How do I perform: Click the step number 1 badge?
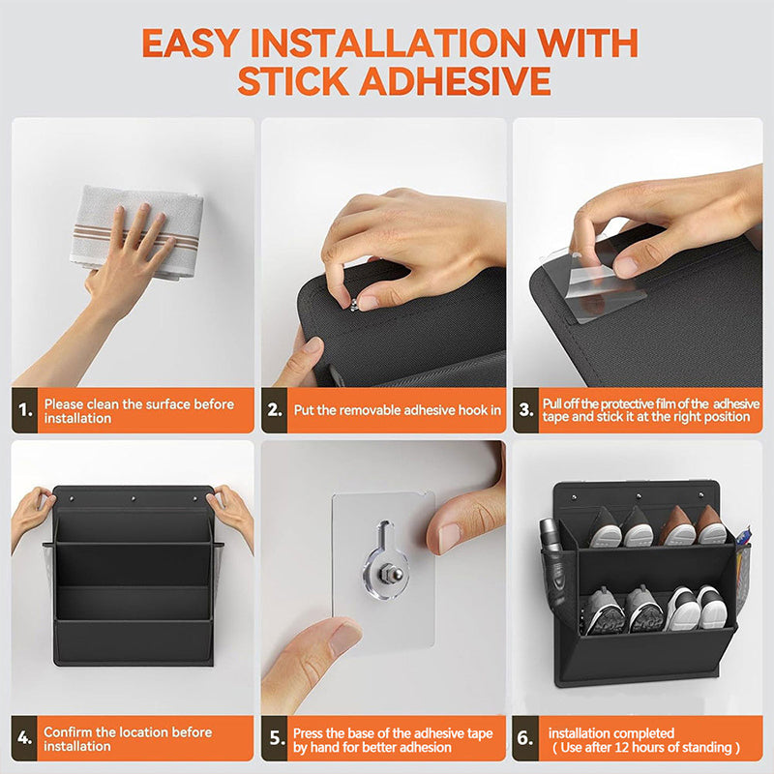pyautogui.click(x=26, y=410)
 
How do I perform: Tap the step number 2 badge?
pyautogui.click(x=276, y=410)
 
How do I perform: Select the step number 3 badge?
pyautogui.click(x=526, y=410)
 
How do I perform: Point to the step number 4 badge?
pyautogui.click(x=26, y=739)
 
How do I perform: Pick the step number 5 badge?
pyautogui.click(x=276, y=739)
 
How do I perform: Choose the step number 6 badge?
pyautogui.click(x=526, y=739)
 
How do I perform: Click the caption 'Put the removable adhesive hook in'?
pyautogui.click(x=397, y=410)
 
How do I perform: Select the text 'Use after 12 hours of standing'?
pyautogui.click(x=646, y=748)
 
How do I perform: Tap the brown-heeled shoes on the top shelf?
pyautogui.click(x=697, y=526)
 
